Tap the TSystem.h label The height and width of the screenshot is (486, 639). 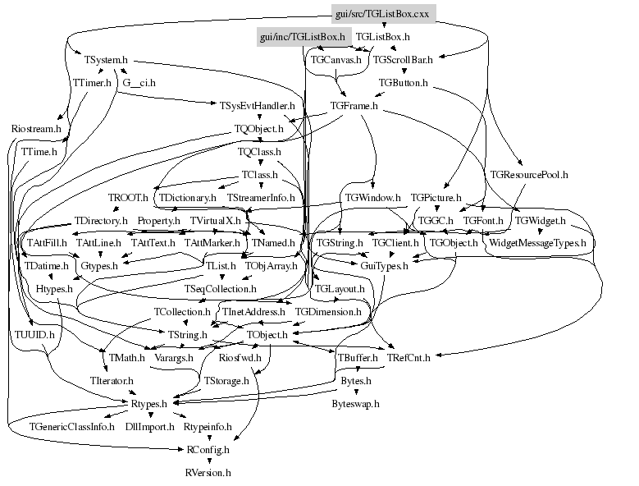pos(107,59)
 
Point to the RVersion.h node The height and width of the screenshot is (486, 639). pos(208,473)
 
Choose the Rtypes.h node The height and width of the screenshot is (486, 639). pos(149,403)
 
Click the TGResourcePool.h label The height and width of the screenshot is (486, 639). pos(529,175)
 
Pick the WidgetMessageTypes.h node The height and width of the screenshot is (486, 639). pos(537,243)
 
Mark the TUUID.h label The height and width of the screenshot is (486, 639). pos(35,335)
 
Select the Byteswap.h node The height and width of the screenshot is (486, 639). pos(355,404)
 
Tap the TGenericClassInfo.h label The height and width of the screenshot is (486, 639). pos(72,427)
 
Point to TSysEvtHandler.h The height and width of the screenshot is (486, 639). pos(258,106)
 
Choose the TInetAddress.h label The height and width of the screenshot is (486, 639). pos(253,312)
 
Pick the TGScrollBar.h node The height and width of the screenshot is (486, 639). pos(403,59)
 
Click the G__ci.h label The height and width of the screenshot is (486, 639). pos(139,83)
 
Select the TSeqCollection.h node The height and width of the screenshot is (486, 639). pos(221,289)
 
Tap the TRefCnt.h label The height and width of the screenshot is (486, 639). pos(408,357)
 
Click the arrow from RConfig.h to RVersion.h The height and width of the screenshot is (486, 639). pos(208,461)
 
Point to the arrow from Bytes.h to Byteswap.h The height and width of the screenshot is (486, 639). pos(355,392)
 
